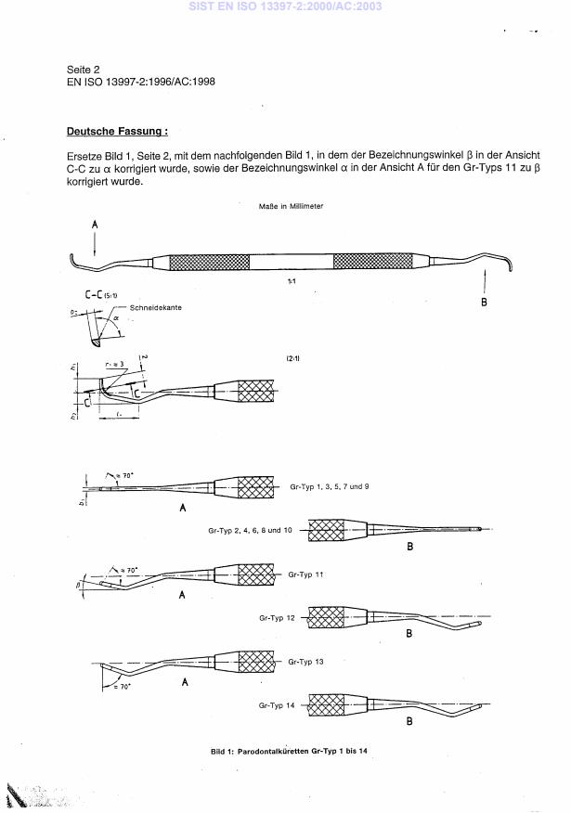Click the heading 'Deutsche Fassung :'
(x=117, y=132)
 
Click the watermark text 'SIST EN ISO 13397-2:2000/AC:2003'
(x=285, y=7)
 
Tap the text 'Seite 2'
(x=84, y=69)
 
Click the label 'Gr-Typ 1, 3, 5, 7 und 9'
(x=330, y=486)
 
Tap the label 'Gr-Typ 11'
(x=306, y=574)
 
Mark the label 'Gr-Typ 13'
(x=306, y=661)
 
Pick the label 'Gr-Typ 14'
(x=276, y=706)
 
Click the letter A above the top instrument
(x=95, y=226)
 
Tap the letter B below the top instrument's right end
(x=484, y=302)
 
